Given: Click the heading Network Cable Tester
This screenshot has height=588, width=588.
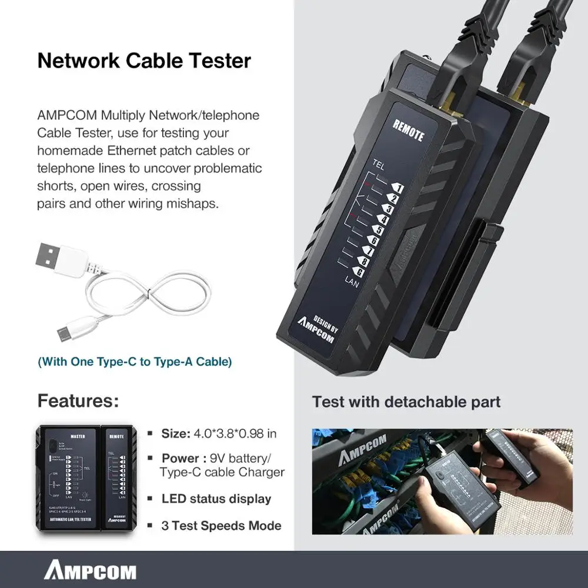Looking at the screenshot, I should [x=144, y=61].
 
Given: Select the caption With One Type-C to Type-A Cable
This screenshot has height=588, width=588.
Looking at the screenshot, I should [x=135, y=362].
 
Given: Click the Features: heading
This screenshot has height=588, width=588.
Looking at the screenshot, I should [x=78, y=402].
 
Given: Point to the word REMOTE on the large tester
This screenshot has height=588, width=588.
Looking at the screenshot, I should [x=407, y=130].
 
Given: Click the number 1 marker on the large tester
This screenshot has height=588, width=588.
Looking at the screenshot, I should [x=397, y=188].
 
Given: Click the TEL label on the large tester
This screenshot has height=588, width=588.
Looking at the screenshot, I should [x=379, y=167].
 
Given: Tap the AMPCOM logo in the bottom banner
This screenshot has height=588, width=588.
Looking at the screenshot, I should [x=90, y=571].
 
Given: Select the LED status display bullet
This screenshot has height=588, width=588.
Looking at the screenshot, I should [x=216, y=499].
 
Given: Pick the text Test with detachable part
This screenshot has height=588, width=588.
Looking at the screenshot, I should [x=406, y=402].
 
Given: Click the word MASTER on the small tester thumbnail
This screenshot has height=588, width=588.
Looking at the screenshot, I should [x=78, y=436].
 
